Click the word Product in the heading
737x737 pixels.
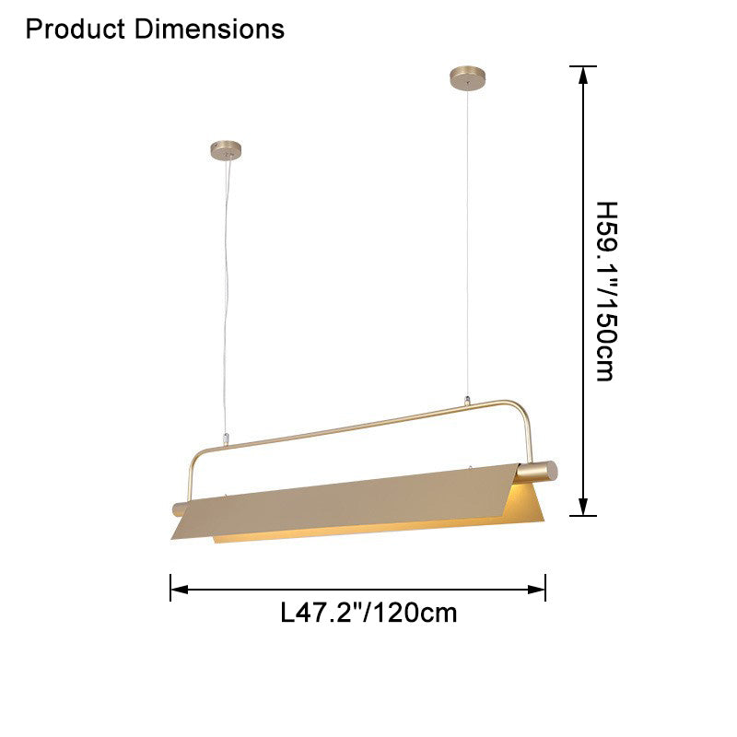tap(76, 29)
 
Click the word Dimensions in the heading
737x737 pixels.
tap(209, 29)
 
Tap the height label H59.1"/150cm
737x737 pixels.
tap(604, 291)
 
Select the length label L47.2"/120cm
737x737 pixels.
tap(368, 613)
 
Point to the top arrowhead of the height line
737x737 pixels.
tap(582, 76)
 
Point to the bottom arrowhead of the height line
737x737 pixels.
tap(582, 506)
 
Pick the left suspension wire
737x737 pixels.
tap(222, 295)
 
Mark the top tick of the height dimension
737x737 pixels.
tap(582, 66)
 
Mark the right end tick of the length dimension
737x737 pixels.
tap(546, 588)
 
